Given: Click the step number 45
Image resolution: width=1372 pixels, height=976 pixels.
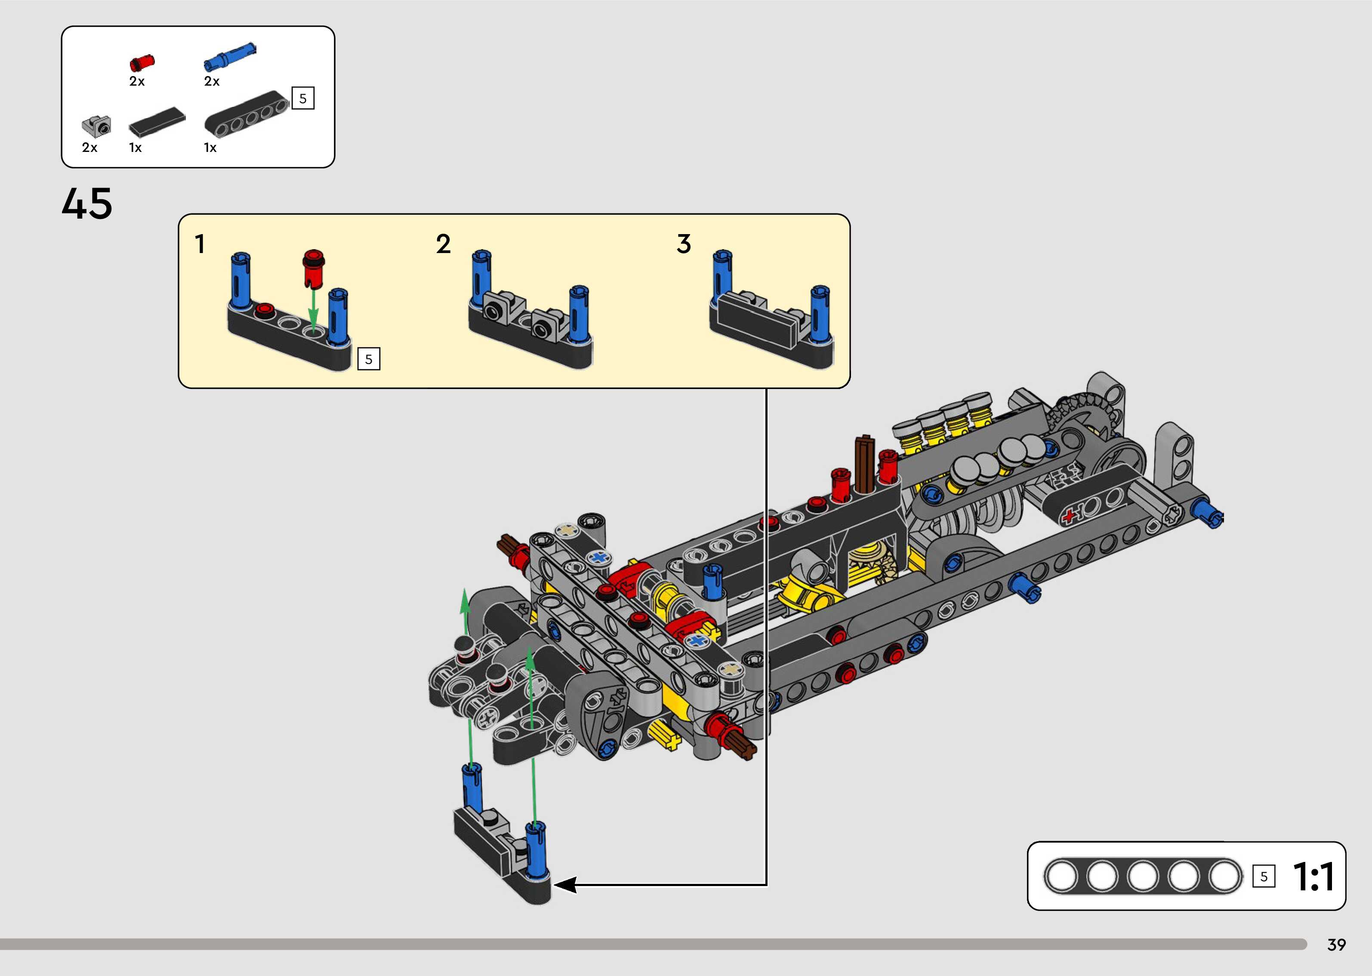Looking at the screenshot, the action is [86, 203].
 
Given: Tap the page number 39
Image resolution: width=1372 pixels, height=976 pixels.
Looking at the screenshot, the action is [1337, 945].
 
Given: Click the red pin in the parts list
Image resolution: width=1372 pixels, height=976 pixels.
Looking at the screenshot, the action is [142, 62].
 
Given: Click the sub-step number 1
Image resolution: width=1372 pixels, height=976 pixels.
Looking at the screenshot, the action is [200, 244].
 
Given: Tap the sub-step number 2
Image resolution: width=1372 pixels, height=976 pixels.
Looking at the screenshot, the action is [443, 244].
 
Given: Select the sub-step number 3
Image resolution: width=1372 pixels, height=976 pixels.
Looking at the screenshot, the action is [684, 244].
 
